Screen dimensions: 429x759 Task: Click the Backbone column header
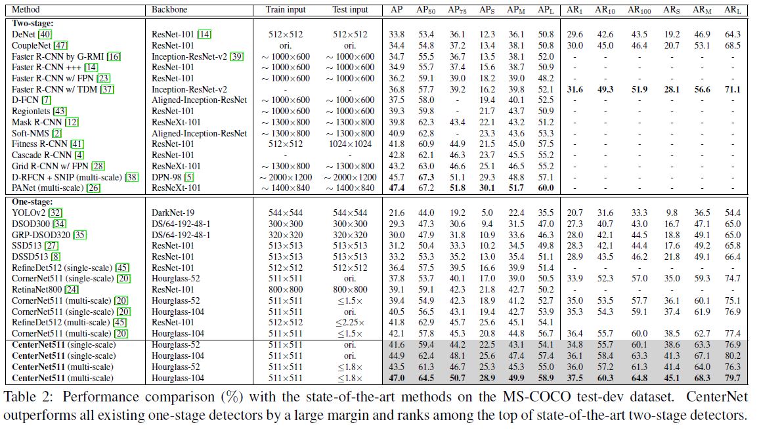tap(169, 10)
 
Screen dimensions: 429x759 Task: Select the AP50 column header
tap(426, 10)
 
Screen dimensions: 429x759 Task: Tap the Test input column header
tap(350, 10)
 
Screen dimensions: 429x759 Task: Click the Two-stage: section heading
tap(33, 24)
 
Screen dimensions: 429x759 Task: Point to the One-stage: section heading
tap(33, 202)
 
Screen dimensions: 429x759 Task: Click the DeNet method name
tap(24, 34)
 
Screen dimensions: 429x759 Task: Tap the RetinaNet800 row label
tap(39, 289)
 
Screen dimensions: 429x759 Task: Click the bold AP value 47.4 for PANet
tap(397, 188)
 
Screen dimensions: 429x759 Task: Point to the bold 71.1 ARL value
tap(732, 89)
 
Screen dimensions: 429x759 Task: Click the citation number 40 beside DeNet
tap(45, 34)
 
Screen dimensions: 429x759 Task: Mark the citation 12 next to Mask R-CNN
tap(72, 122)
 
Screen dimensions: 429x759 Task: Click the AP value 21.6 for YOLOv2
tap(397, 213)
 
